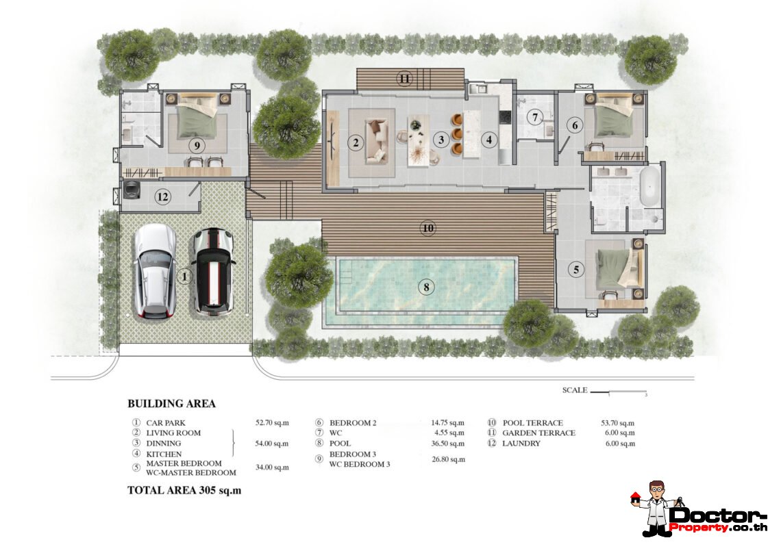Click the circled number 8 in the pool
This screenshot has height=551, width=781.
[x=426, y=287]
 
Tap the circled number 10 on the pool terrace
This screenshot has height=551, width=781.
[x=428, y=229]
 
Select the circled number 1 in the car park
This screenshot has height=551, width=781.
[x=184, y=277]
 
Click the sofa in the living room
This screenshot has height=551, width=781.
[x=376, y=140]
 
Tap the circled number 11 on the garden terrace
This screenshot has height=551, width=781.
[x=405, y=79]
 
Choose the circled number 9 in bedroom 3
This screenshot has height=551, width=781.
[x=197, y=146]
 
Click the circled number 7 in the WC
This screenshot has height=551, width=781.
[x=534, y=117]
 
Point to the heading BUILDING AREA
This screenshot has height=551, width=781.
[x=171, y=404]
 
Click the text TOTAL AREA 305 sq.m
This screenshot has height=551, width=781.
[x=184, y=490]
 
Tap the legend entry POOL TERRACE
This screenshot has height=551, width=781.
[x=532, y=423]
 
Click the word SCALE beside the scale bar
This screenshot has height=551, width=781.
[x=574, y=390]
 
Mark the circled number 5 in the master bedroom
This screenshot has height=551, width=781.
[x=575, y=270]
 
